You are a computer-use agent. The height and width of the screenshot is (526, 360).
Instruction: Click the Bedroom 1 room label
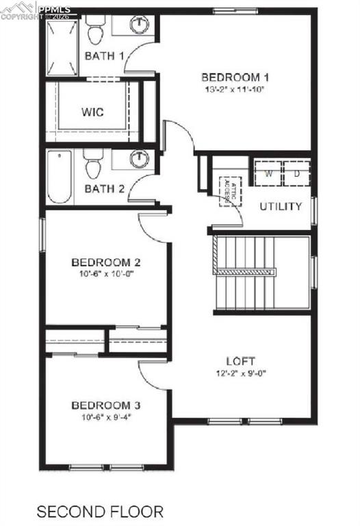tap(234, 77)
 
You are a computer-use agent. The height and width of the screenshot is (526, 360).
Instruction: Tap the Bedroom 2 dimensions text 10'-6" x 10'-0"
tap(106, 274)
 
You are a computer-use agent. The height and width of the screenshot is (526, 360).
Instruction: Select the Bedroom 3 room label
tap(106, 404)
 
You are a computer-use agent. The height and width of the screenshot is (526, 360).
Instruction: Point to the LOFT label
tap(241, 361)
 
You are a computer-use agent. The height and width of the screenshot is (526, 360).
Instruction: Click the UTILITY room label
tap(281, 205)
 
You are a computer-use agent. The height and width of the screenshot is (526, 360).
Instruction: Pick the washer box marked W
tap(268, 173)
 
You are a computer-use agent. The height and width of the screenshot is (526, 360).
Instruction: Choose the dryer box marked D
tap(297, 173)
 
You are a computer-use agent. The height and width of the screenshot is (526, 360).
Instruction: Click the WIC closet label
tap(92, 112)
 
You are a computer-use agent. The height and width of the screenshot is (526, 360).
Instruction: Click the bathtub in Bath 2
tap(60, 177)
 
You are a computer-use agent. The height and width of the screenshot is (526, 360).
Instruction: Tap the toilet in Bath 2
tap(93, 164)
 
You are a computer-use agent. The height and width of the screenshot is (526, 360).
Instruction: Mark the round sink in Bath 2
tap(139, 159)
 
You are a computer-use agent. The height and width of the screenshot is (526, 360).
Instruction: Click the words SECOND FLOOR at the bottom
tap(100, 511)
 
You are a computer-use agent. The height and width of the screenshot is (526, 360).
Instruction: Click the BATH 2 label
tap(104, 189)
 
